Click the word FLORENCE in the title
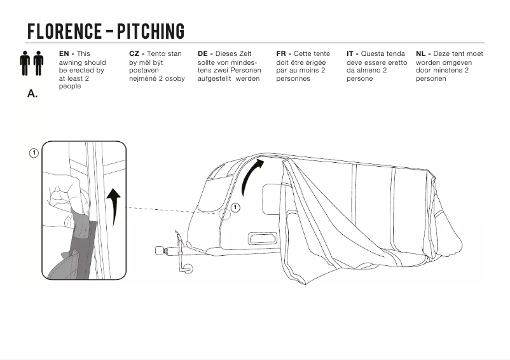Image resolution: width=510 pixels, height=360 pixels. pyautogui.click(x=65, y=31)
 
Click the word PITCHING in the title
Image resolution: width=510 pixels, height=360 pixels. pyautogui.click(x=151, y=31)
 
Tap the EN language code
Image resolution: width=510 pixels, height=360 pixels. pyautogui.click(x=64, y=54)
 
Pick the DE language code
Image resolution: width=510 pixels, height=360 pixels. pyautogui.click(x=203, y=54)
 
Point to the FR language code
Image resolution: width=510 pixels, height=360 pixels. pyautogui.click(x=281, y=54)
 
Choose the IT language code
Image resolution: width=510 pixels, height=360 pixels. pyautogui.click(x=350, y=54)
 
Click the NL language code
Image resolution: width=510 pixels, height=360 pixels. pyautogui.click(x=420, y=54)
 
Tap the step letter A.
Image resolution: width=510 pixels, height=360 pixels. pyautogui.click(x=32, y=93)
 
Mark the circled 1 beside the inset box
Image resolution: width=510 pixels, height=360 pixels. pyautogui.click(x=34, y=153)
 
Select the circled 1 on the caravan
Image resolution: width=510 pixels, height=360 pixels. pyautogui.click(x=235, y=207)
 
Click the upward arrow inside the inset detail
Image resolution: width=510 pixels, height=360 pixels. pyautogui.click(x=113, y=205)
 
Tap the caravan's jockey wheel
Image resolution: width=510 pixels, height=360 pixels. pyautogui.click(x=188, y=268)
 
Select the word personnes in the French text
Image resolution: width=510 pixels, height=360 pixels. pyautogui.click(x=293, y=79)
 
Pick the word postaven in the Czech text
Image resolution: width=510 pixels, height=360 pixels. pyautogui.click(x=144, y=71)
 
